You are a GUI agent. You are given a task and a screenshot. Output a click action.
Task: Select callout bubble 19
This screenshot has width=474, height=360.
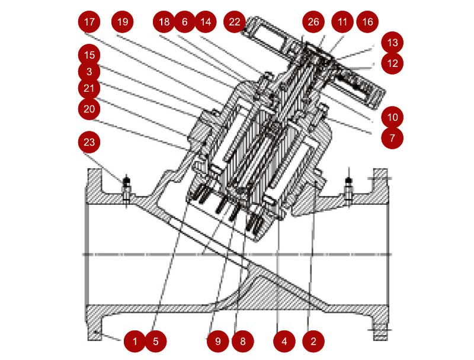123,22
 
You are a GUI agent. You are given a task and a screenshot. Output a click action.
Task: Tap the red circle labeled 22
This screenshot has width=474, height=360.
235,22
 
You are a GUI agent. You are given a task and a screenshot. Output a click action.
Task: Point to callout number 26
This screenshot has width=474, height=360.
313,22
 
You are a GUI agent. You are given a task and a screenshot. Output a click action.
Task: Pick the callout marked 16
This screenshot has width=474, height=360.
368,22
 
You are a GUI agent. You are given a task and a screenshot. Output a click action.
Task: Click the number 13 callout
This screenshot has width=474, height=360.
392,43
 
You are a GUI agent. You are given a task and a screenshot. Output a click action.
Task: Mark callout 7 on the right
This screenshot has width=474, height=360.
392,138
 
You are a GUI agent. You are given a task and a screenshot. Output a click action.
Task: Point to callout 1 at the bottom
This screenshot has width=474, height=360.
135,341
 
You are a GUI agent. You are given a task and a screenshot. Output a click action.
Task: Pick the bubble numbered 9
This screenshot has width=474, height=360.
218,341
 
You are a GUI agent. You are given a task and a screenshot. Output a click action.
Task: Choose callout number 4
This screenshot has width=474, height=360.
284,341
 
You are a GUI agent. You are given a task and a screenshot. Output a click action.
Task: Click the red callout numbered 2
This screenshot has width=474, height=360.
313,341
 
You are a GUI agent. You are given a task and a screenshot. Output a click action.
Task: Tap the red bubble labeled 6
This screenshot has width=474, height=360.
184,22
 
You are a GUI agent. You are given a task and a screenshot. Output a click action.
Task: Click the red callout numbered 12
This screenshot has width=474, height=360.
392,63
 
